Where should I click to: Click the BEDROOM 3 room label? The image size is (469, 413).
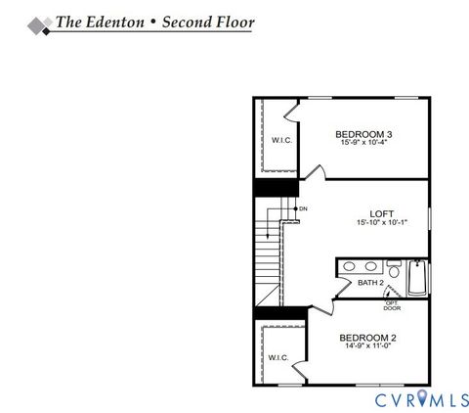pos(362,134)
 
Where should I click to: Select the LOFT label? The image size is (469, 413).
pos(381,212)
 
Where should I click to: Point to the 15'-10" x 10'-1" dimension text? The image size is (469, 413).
pos(381,222)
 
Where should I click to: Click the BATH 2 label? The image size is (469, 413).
pos(370,283)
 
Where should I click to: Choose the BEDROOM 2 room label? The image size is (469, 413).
pos(367,338)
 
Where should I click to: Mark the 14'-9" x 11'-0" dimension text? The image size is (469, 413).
pos(367,347)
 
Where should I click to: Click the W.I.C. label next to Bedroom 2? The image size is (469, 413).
pos(277,357)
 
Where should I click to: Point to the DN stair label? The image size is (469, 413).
pos(303,208)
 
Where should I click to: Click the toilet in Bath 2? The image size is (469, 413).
pos(393,268)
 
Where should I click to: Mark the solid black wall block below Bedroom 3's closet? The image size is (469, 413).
pos(277,186)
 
